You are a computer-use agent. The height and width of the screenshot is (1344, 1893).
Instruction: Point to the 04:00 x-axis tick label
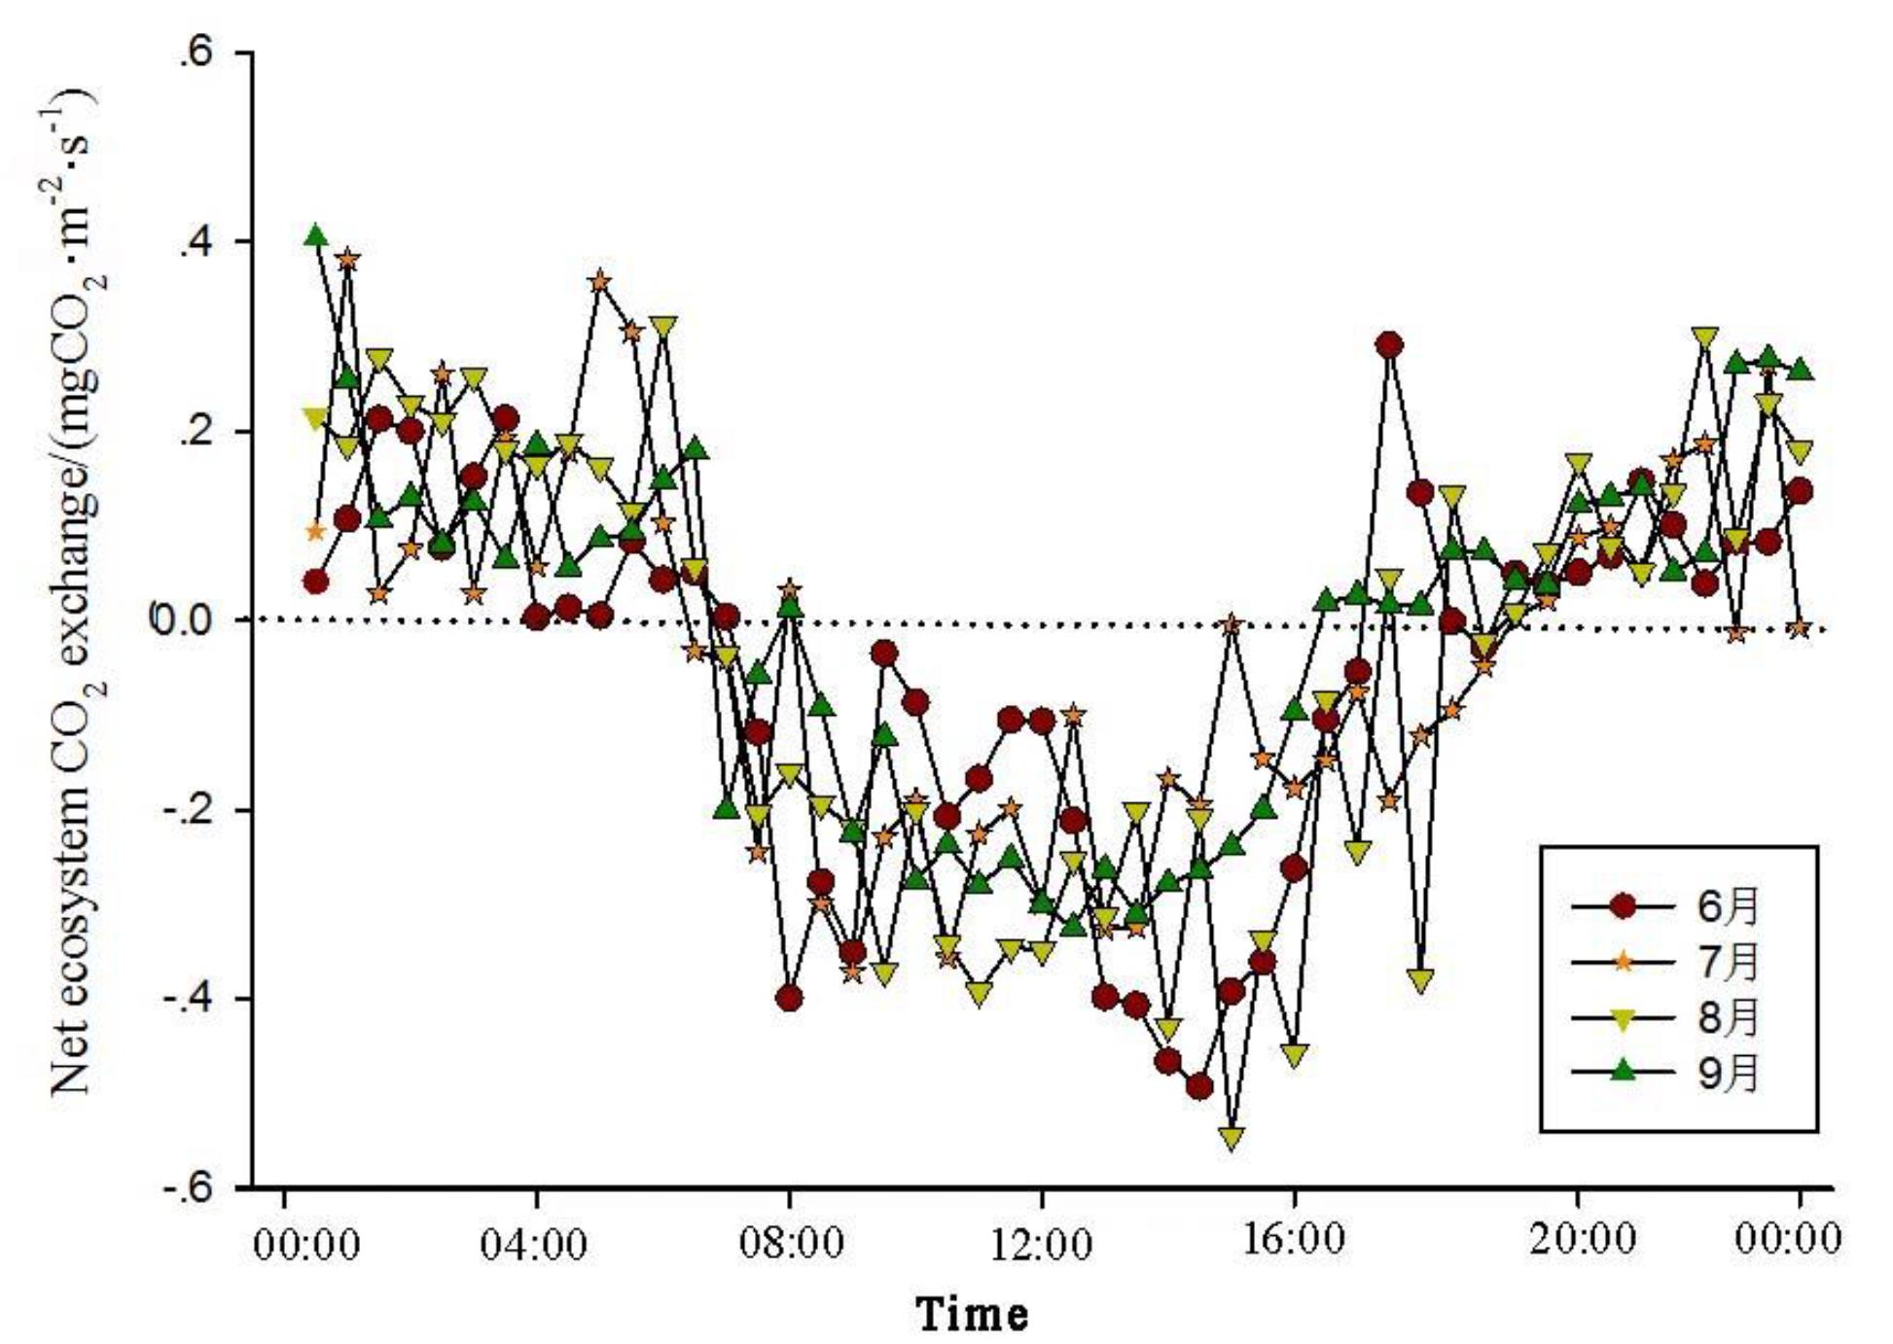tap(534, 1244)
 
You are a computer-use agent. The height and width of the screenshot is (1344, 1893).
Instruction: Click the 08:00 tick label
tap(789, 1244)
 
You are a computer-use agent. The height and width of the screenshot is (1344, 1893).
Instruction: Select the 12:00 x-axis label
tap(1041, 1244)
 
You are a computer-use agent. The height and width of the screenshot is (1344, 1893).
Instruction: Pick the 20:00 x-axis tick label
tap(1576, 1242)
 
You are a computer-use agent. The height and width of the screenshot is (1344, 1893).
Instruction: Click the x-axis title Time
tap(972, 1315)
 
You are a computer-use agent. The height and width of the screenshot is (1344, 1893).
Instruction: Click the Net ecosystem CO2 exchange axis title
tap(78, 593)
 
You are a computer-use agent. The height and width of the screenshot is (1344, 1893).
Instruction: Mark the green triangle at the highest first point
tap(315, 235)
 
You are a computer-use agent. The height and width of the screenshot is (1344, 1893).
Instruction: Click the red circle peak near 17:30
tap(1390, 344)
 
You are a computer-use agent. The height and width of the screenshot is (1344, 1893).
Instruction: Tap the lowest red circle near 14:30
tap(1199, 1086)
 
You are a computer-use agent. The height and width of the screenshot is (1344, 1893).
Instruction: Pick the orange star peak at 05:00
tap(600, 282)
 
